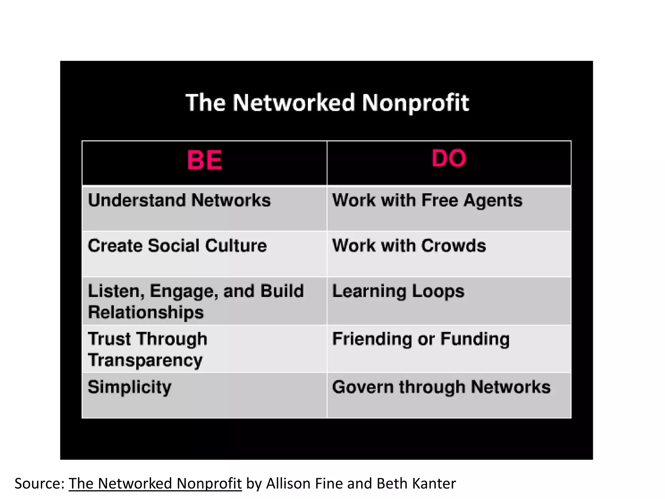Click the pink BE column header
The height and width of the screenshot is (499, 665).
tap(205, 160)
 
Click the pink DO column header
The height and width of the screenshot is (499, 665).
tap(449, 158)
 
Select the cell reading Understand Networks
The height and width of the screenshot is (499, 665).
tap(179, 200)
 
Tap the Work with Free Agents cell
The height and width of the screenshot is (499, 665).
tap(427, 200)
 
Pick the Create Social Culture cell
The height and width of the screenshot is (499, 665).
tap(177, 246)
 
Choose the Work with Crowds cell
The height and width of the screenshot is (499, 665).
tap(409, 246)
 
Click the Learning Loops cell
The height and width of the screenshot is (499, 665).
tap(398, 291)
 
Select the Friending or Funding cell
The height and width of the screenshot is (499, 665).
tap(421, 339)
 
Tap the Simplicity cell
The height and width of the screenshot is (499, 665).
tap(130, 387)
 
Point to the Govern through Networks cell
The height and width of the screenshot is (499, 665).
tap(441, 387)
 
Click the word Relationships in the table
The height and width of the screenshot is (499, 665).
tap(146, 312)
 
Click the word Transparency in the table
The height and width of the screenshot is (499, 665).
tap(145, 360)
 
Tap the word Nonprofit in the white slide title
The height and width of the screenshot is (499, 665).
tap(415, 103)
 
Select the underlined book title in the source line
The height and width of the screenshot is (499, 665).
tap(155, 483)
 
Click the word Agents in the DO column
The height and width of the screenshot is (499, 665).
tap(493, 200)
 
